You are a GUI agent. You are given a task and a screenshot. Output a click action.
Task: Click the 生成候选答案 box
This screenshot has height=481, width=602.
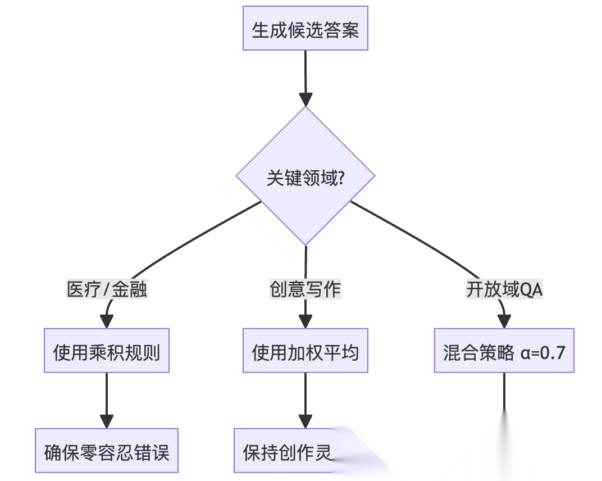pos(305,29)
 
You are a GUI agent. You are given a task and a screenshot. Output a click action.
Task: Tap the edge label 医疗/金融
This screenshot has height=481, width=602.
pos(107,289)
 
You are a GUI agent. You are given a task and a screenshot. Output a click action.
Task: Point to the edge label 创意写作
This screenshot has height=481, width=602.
pos(305,289)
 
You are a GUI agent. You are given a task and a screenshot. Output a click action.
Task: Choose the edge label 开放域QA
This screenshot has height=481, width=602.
pos(504,289)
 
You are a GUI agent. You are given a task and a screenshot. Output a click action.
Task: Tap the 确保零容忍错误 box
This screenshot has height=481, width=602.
pos(107,451)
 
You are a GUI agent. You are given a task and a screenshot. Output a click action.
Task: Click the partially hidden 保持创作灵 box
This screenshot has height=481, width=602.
pos(286,451)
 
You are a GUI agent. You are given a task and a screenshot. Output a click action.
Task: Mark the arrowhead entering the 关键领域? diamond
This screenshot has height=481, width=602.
pos(305,99)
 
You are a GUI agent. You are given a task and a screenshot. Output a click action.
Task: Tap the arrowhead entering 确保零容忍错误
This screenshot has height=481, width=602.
pos(107,421)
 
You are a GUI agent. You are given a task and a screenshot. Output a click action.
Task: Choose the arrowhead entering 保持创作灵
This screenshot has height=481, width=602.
pos(305,421)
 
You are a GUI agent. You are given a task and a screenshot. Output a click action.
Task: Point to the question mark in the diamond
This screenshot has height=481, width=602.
pos(340,179)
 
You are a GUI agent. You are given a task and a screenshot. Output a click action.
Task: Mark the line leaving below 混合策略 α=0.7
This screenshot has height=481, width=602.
pos(504,393)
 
